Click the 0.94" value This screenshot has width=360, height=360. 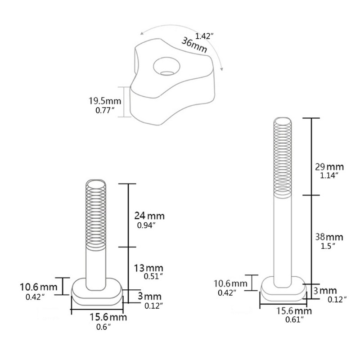[146, 225]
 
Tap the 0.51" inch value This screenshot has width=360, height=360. [152, 276]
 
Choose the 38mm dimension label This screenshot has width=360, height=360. [328, 237]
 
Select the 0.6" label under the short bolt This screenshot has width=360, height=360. [103, 327]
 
